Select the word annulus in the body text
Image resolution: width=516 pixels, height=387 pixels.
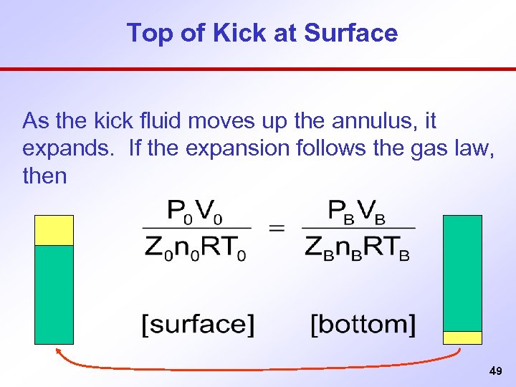(x=361, y=120)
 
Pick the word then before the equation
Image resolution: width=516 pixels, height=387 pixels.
(x=44, y=176)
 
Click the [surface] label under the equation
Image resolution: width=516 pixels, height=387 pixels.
(x=197, y=325)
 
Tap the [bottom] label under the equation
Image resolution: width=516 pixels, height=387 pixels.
(x=363, y=325)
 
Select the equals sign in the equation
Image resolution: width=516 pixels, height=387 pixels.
(x=276, y=229)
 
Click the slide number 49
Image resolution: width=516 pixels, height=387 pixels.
(x=494, y=371)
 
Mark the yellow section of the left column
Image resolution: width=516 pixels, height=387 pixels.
(x=54, y=231)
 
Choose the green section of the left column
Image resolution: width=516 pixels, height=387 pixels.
(x=54, y=294)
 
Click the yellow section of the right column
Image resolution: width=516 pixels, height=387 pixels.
(x=462, y=338)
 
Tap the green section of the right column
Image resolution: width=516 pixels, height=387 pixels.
(x=462, y=273)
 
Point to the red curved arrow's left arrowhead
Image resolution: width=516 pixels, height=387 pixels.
(x=59, y=350)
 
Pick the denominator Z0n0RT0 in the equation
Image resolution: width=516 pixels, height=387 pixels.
(x=196, y=247)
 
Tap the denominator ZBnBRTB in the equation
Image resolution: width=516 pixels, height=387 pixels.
(x=358, y=247)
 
